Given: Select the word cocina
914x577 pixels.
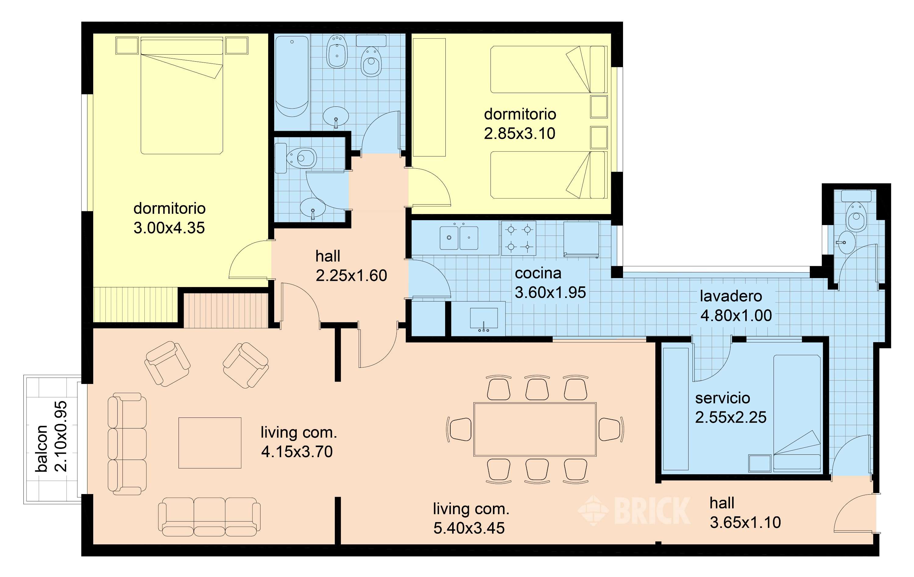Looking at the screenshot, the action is click(538, 273).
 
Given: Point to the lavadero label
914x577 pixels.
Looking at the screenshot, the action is click(731, 296).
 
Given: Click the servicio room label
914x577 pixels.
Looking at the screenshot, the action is click(723, 398).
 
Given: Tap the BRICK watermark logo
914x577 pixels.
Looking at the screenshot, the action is click(634, 511).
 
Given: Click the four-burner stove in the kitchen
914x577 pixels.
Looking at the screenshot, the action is click(519, 238).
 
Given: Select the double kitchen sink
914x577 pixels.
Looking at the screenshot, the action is click(459, 238).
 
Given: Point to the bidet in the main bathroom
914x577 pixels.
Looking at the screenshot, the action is click(337, 52).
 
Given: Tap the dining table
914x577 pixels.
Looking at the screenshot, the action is click(535, 429).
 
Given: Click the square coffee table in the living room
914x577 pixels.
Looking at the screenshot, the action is click(210, 443).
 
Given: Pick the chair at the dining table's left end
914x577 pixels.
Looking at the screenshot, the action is click(459, 429).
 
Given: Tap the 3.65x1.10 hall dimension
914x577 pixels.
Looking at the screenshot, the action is click(745, 523).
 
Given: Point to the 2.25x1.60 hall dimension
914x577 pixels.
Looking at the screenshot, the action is click(351, 275).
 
